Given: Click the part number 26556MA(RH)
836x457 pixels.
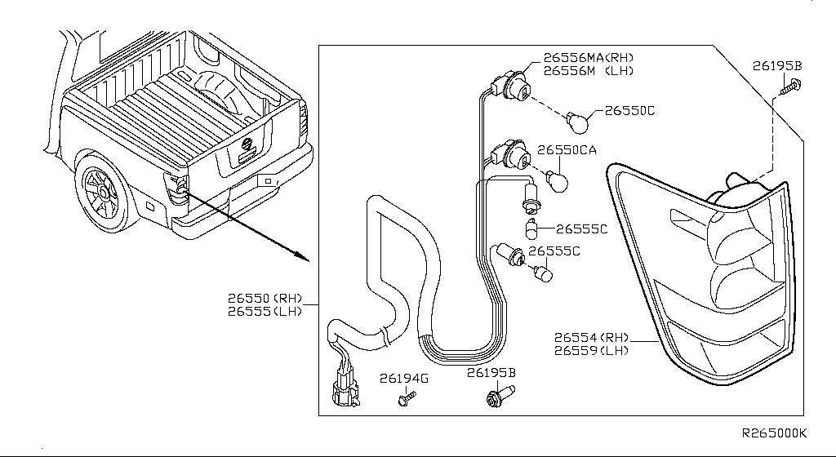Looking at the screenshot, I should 588,58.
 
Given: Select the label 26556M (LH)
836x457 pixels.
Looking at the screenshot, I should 588,71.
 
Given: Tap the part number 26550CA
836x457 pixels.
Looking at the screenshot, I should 567,150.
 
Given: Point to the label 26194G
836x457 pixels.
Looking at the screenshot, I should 403,379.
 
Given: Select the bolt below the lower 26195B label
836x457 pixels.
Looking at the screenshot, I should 495,399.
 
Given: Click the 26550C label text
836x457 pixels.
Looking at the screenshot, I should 629,109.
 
